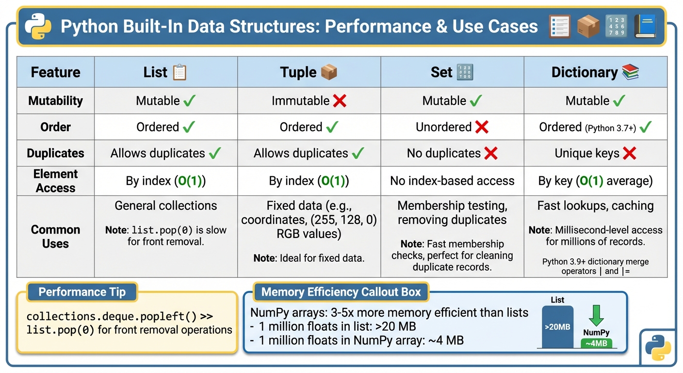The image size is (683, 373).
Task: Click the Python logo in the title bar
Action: click(38, 27)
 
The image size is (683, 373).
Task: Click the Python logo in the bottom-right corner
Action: click(658, 347)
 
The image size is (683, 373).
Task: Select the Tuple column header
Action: click(309, 72)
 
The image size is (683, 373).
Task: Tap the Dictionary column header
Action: click(595, 72)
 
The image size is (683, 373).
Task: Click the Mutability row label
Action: click(55, 101)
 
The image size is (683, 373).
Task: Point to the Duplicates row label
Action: click(55, 153)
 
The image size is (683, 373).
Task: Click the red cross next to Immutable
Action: click(340, 101)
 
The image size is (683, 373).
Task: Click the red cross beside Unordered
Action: click(482, 127)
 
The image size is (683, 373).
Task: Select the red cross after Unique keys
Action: click(629, 153)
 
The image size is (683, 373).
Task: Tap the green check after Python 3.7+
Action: click(646, 128)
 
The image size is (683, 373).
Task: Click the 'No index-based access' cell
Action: click(452, 181)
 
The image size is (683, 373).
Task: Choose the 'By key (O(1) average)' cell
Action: click(595, 181)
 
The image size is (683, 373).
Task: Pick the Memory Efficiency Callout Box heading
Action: click(341, 292)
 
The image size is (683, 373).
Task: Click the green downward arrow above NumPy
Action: click(596, 315)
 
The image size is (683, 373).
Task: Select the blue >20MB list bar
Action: click(557, 327)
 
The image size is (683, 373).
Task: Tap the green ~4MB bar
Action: click(596, 343)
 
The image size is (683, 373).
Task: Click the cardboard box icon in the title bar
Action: click(588, 26)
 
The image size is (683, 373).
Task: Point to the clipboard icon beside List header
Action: click(179, 72)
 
